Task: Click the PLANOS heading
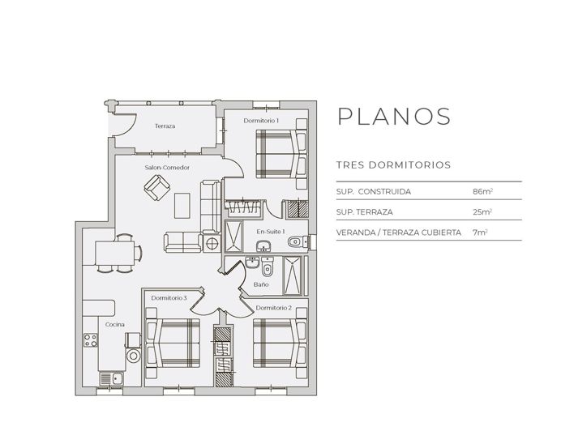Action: coord(393,116)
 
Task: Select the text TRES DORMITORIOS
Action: coord(393,164)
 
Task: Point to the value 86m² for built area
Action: coord(482,191)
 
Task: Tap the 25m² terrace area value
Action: coord(482,211)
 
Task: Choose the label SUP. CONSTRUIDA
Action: coord(373,191)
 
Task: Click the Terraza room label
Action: coord(165,126)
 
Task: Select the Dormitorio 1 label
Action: coord(261,121)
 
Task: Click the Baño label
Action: coord(260,285)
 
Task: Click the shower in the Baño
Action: coord(293,275)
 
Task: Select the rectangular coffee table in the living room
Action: coord(184,204)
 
